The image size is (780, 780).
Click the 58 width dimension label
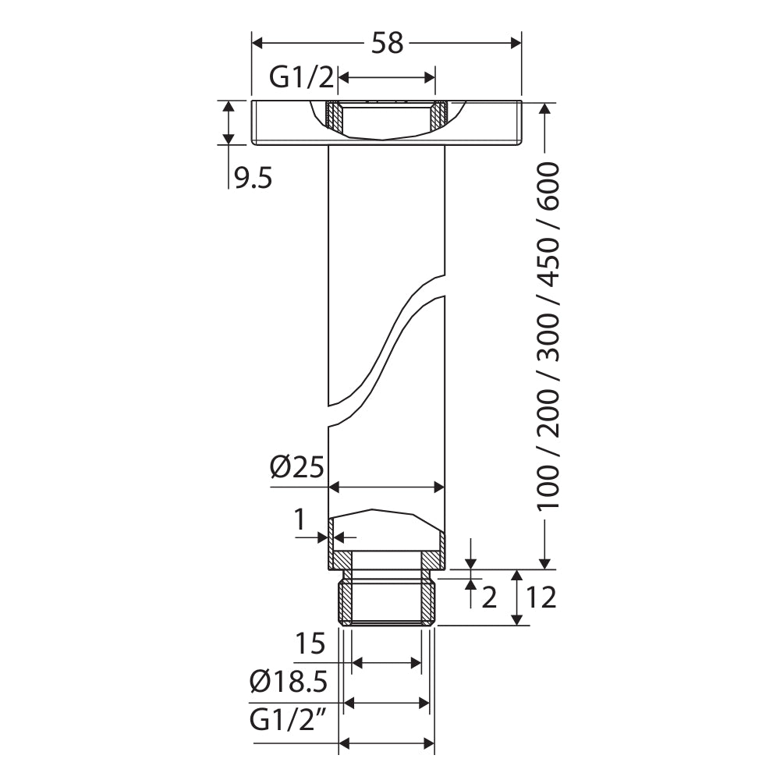point(387,43)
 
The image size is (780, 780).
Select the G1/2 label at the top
point(301,77)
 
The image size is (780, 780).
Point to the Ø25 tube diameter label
point(296,467)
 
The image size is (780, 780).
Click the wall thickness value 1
point(300,520)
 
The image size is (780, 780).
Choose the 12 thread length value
point(541,597)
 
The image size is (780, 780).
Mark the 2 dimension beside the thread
point(489,598)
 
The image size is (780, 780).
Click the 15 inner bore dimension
point(310,644)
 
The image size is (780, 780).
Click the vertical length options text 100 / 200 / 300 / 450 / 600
point(550,335)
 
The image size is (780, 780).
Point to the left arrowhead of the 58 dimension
point(257,43)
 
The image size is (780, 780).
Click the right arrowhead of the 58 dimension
point(516,43)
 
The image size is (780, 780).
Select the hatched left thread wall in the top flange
point(333,116)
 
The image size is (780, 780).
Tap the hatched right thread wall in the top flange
point(440,116)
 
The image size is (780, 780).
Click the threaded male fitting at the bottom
point(386,601)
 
